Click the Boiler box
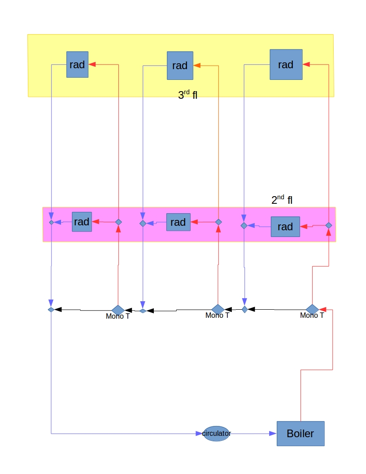pyautogui.click(x=300, y=434)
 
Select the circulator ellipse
pyautogui.click(x=217, y=434)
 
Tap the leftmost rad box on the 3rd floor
pyautogui.click(x=77, y=64)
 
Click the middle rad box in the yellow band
pyautogui.click(x=180, y=66)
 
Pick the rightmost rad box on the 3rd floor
pyautogui.click(x=286, y=65)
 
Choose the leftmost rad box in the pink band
pyautogui.click(x=82, y=222)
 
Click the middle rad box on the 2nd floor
pyautogui.click(x=178, y=222)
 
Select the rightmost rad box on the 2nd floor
pyautogui.click(x=285, y=227)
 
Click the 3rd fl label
pyautogui.click(x=187, y=95)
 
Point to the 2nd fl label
pyautogui.click(x=282, y=200)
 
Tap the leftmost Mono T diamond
pyautogui.click(x=118, y=310)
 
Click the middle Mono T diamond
pyautogui.click(x=218, y=309)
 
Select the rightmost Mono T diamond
pyautogui.click(x=312, y=309)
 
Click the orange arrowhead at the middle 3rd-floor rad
pyautogui.click(x=197, y=66)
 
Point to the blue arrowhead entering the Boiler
pyautogui.click(x=273, y=434)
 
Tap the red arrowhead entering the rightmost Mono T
pyautogui.click(x=323, y=309)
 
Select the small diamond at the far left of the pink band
pyautogui.click(x=51, y=222)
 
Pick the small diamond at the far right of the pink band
pyautogui.click(x=328, y=225)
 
